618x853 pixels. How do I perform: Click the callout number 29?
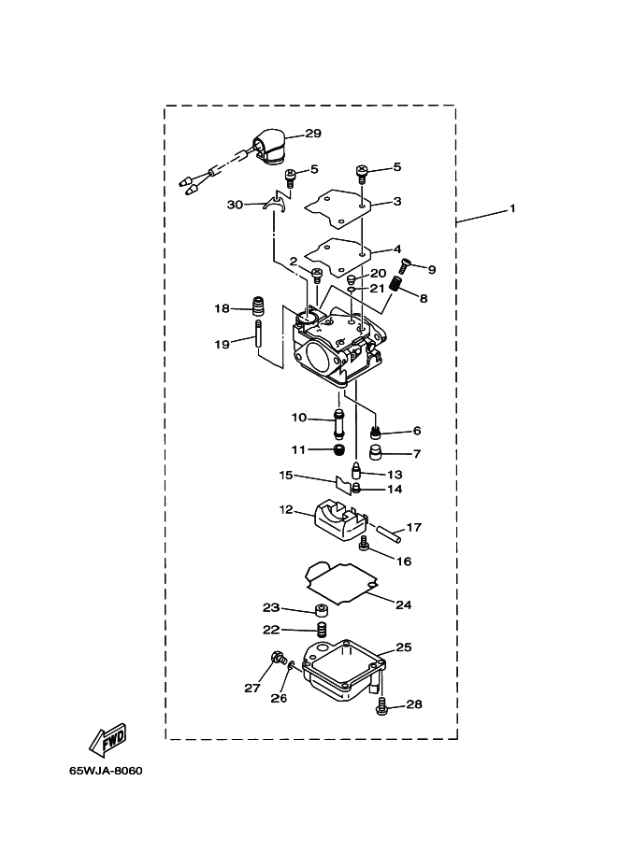click(x=313, y=134)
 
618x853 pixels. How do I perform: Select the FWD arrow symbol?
click(x=108, y=740)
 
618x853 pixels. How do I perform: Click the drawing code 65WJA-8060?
click(x=106, y=771)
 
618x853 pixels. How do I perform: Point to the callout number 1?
click(x=511, y=208)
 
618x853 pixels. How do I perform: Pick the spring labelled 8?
click(x=398, y=283)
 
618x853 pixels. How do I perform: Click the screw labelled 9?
click(x=404, y=265)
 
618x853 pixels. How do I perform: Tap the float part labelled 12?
click(x=338, y=523)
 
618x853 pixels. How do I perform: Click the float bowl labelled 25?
click(x=343, y=669)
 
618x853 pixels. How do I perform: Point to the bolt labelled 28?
click(x=381, y=705)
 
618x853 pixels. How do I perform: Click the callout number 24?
click(x=404, y=604)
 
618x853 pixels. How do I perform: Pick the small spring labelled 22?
click(x=323, y=629)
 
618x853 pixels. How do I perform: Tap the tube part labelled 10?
click(x=339, y=424)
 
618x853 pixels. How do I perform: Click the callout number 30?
click(x=236, y=206)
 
